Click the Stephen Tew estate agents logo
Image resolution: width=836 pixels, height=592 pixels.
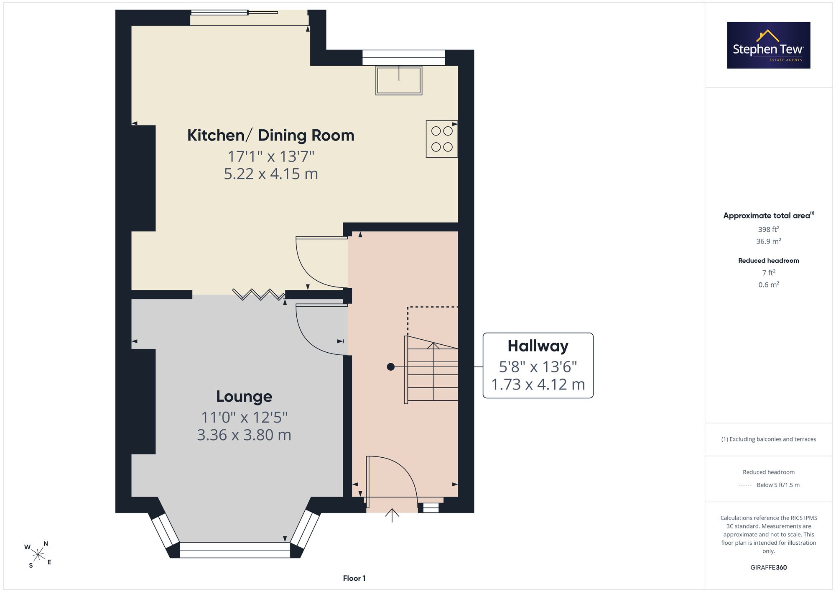click(x=769, y=45)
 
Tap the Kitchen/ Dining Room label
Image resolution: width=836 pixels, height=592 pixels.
click(x=271, y=135)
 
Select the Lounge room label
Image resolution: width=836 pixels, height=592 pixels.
click(x=244, y=396)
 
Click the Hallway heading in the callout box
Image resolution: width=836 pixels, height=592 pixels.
click(x=538, y=346)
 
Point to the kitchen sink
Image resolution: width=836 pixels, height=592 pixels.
click(x=399, y=80)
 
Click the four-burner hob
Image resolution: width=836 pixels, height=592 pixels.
click(x=442, y=139)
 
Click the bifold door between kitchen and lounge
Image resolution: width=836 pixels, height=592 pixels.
click(x=258, y=295)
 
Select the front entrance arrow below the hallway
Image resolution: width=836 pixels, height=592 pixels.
click(x=392, y=515)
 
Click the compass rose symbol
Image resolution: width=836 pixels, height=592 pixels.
click(x=38, y=555)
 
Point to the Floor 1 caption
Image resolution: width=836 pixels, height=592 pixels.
click(x=354, y=578)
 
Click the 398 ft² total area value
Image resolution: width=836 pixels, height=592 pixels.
click(x=768, y=229)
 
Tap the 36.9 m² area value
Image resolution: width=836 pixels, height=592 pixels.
click(x=768, y=241)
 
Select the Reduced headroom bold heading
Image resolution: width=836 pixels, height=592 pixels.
click(x=768, y=261)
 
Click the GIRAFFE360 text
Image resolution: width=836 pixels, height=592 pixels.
click(x=768, y=568)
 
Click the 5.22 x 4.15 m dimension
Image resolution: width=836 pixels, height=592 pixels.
click(x=271, y=174)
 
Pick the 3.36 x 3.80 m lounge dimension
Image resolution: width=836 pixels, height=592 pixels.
click(x=244, y=435)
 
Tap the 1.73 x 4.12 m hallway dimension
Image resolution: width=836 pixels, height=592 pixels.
click(x=538, y=384)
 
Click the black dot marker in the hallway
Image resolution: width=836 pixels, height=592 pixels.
click(x=391, y=367)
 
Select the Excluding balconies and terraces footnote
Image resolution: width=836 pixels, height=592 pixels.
click(x=768, y=439)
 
